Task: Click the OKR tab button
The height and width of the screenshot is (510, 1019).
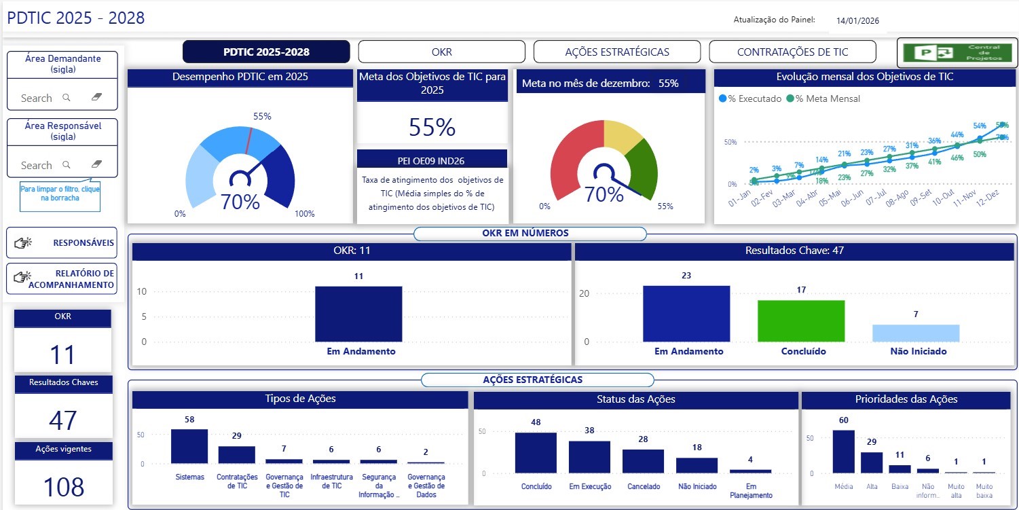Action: click(441, 52)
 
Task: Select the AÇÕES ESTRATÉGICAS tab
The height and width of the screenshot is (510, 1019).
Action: click(616, 52)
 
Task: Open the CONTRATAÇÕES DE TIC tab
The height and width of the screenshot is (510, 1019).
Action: click(792, 52)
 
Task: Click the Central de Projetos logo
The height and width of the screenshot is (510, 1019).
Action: click(957, 52)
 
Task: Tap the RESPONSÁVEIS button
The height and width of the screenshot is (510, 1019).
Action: click(61, 242)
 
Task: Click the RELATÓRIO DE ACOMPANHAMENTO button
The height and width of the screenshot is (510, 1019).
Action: click(61, 279)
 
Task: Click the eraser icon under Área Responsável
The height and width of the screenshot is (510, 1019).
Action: click(96, 164)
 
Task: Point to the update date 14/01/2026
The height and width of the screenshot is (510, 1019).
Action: click(857, 21)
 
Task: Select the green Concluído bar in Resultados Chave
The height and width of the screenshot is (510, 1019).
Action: click(801, 321)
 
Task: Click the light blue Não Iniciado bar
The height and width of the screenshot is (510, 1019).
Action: click(916, 333)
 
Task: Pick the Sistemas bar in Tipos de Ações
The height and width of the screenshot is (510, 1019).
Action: click(189, 446)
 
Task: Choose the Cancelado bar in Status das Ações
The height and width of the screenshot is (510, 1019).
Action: click(643, 461)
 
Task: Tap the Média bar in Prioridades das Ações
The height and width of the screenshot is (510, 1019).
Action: click(843, 452)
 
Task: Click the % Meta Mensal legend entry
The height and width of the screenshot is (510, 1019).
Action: click(823, 98)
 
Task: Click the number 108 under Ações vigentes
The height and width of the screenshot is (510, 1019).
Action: click(63, 487)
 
